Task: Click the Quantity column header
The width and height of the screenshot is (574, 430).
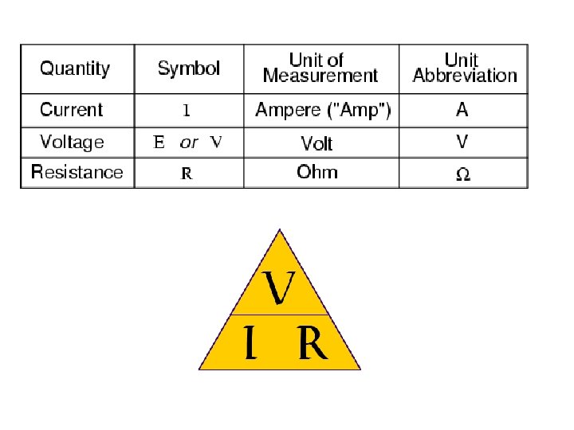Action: (x=75, y=68)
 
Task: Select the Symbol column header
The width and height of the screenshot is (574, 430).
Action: (x=189, y=68)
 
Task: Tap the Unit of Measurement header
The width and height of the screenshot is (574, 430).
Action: (x=320, y=68)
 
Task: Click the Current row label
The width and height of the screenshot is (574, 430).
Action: (x=72, y=110)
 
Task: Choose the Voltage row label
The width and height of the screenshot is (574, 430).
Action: (x=72, y=143)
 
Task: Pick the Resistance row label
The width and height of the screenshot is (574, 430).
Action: (x=77, y=172)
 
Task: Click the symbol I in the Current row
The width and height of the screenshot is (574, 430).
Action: (x=187, y=111)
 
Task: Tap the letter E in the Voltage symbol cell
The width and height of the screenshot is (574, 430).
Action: (x=159, y=143)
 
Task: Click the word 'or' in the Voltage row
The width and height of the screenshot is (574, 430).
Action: (x=189, y=143)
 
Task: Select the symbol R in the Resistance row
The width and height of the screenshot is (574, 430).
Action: (x=187, y=174)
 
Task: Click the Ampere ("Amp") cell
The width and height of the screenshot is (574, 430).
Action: (x=323, y=110)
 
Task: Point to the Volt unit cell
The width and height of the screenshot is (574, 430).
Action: (x=316, y=143)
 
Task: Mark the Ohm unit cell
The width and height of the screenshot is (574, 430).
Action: (x=317, y=172)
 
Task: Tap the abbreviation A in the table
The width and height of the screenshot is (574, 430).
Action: (x=462, y=111)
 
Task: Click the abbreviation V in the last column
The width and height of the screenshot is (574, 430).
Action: (x=462, y=142)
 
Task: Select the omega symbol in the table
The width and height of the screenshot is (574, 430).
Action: (x=462, y=174)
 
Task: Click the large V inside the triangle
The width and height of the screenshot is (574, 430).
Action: (x=279, y=288)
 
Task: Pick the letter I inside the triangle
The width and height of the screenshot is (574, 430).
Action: (x=250, y=344)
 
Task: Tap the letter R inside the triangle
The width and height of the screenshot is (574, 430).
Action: (x=313, y=344)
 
